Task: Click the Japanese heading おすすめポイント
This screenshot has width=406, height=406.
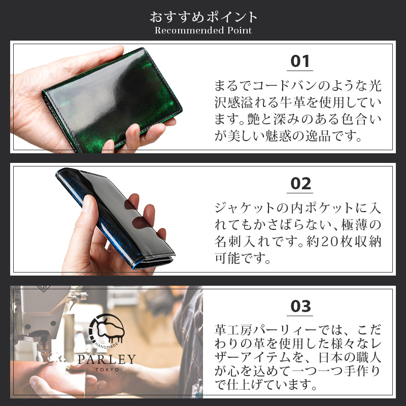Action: pos(203,17)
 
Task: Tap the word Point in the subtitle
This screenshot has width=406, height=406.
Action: pos(238,30)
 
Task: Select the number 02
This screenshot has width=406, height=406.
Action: pos(300,183)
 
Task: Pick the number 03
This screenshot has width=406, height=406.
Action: pos(300,307)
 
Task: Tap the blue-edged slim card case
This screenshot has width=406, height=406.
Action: pos(117,213)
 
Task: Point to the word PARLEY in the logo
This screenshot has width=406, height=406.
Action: pos(107,360)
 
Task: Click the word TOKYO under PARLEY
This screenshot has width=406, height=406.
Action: pos(107,370)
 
